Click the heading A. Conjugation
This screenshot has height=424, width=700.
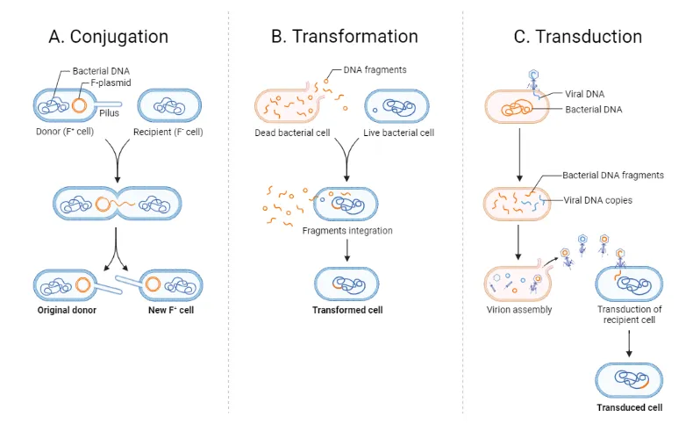[110, 37]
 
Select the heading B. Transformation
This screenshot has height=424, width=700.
[344, 37]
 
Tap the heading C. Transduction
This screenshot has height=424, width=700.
[578, 37]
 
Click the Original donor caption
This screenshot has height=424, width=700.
[68, 311]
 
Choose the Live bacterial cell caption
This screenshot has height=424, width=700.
[399, 133]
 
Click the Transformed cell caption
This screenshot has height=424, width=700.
[347, 310]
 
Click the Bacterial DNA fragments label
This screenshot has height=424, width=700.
[613, 175]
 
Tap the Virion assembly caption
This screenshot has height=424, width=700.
[518, 310]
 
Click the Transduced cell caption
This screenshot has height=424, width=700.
[629, 407]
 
